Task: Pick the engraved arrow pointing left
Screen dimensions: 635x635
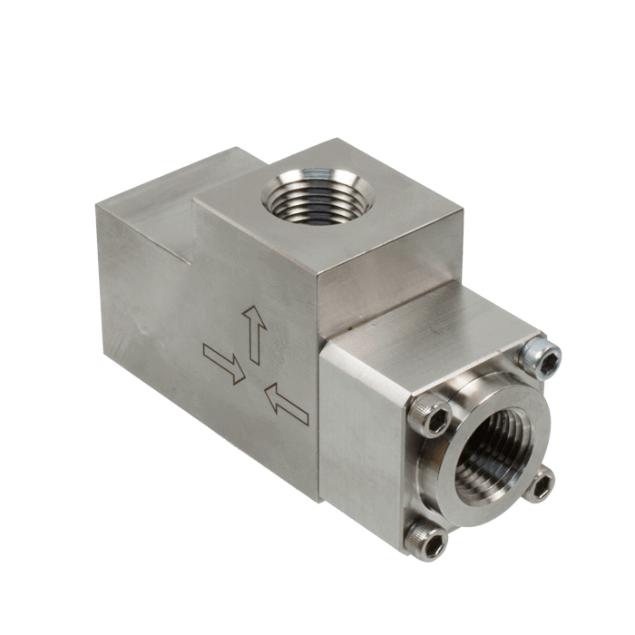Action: coord(286,404)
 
